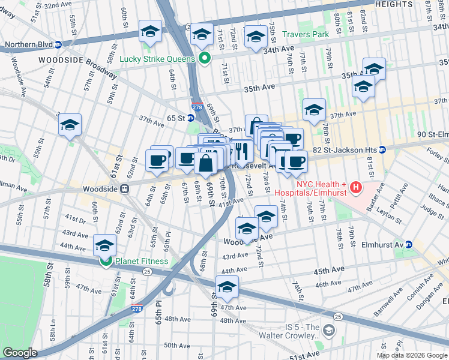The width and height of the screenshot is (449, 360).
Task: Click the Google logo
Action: click(19, 353)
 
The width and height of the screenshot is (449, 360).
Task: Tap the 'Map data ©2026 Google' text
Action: click(412, 355)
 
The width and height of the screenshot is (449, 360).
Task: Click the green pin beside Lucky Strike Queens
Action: click(204, 59)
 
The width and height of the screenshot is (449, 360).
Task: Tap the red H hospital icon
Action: click(357, 188)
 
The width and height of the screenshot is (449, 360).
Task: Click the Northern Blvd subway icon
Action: click(58, 44)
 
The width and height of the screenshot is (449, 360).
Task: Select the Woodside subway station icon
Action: click(125, 188)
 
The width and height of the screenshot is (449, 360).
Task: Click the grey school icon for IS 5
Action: click(328, 331)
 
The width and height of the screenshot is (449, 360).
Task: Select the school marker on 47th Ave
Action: click(227, 287)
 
